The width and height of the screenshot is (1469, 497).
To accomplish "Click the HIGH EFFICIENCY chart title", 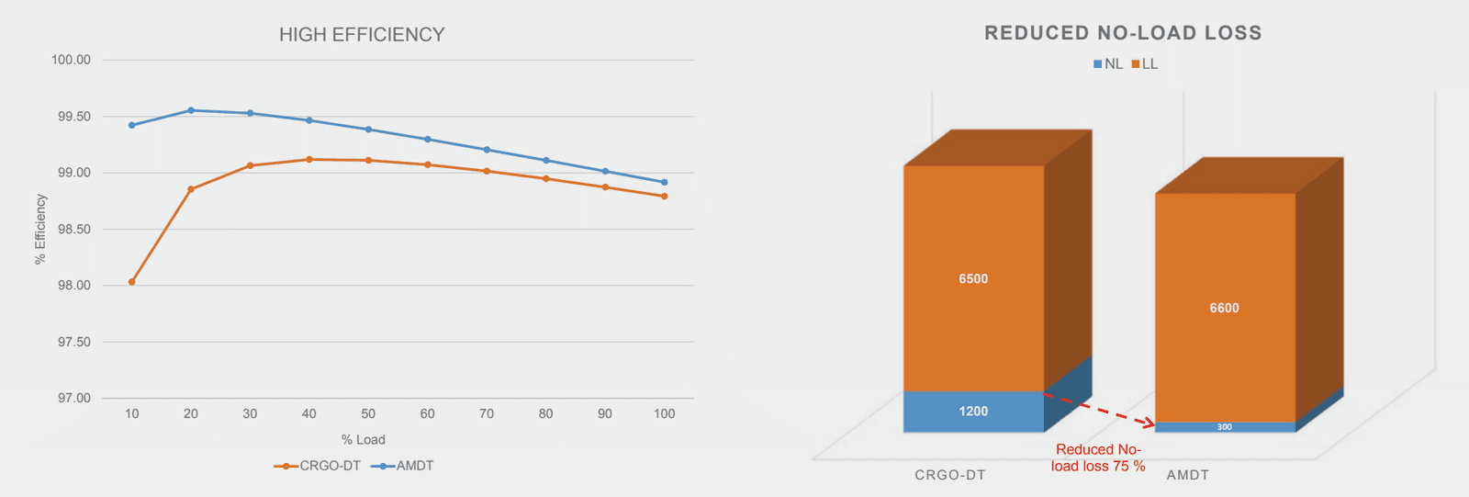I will click(x=362, y=35).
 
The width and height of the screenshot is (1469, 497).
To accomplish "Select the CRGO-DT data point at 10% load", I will click(x=132, y=282).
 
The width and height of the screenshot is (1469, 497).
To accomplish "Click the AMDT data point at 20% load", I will click(x=191, y=110).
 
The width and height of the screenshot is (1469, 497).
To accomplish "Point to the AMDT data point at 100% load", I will click(x=664, y=182).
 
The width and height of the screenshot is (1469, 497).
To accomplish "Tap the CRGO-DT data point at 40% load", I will click(x=309, y=160).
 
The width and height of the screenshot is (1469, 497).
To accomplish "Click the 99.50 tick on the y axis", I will click(x=71, y=117).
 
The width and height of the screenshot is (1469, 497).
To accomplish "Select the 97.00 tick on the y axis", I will click(x=71, y=398).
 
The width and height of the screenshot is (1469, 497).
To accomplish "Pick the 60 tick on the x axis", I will click(x=427, y=413).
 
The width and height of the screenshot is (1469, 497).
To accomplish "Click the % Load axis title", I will click(x=363, y=439).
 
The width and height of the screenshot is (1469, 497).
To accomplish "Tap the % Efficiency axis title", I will click(x=40, y=229).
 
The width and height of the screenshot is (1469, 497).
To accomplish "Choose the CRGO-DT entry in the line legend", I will click(x=318, y=466).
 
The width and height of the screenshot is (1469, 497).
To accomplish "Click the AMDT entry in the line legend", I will click(x=403, y=466).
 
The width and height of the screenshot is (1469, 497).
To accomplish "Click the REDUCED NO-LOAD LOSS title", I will click(x=1123, y=33).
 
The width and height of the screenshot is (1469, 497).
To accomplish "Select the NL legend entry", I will click(x=1108, y=64).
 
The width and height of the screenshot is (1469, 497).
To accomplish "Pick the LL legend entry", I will click(x=1145, y=64).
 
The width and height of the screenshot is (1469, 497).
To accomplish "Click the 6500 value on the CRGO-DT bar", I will click(x=973, y=278).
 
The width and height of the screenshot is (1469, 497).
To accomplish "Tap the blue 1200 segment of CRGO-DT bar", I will click(x=973, y=412).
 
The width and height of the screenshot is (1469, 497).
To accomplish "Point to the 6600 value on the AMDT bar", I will click(x=1224, y=308).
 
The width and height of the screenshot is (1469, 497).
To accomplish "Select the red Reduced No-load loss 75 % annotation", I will click(x=1098, y=457).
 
